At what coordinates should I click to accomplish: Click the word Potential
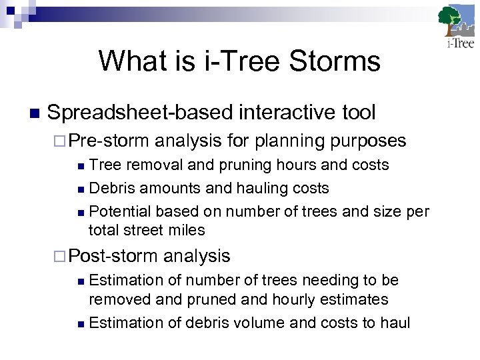(x=119, y=212)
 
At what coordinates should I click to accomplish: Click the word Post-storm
(x=113, y=255)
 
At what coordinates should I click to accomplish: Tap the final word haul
(x=395, y=323)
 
